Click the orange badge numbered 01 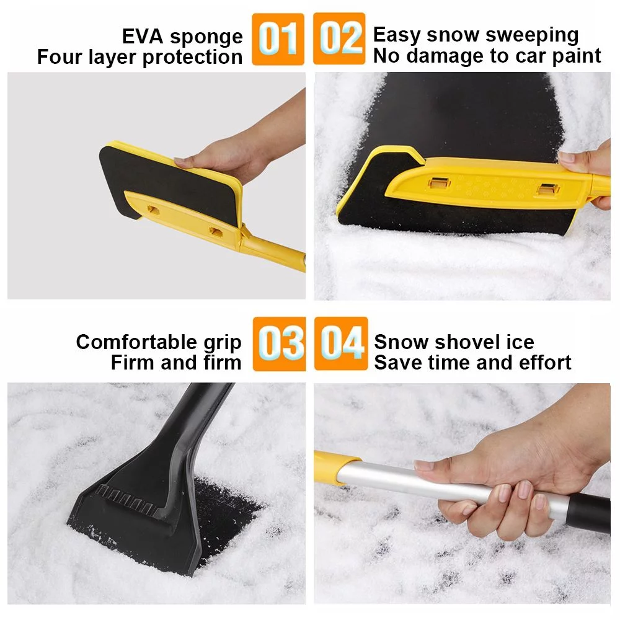pos(278,38)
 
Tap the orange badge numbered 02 pos(339,38)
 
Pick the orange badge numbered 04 pos(340,343)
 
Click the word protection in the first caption pos(192,58)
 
